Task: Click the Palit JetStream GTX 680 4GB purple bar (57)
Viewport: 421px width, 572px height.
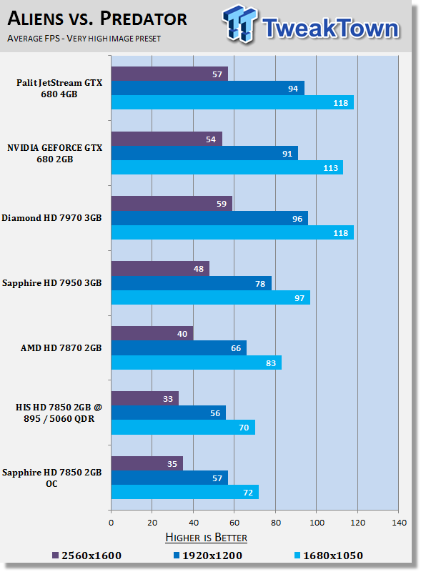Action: [x=169, y=74]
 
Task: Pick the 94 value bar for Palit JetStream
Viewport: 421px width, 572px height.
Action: [x=207, y=88]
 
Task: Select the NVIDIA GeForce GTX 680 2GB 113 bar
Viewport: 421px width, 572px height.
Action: [x=227, y=167]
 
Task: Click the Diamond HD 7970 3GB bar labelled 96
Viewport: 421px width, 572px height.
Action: [x=209, y=218]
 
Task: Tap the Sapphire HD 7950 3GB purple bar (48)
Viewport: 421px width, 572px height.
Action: [x=160, y=269]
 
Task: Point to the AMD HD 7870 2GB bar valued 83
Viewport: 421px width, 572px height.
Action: [x=196, y=363]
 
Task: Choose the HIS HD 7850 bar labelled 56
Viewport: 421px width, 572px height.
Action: [x=168, y=413]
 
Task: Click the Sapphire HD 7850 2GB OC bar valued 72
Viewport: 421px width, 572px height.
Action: [x=184, y=492]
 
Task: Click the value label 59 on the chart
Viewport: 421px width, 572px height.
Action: [x=221, y=204]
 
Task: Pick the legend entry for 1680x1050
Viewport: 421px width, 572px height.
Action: [x=330, y=556]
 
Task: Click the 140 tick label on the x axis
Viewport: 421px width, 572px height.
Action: [x=398, y=523]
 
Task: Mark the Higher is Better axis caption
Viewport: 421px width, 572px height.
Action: [x=207, y=538]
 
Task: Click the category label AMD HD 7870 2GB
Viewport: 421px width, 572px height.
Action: [x=61, y=348]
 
